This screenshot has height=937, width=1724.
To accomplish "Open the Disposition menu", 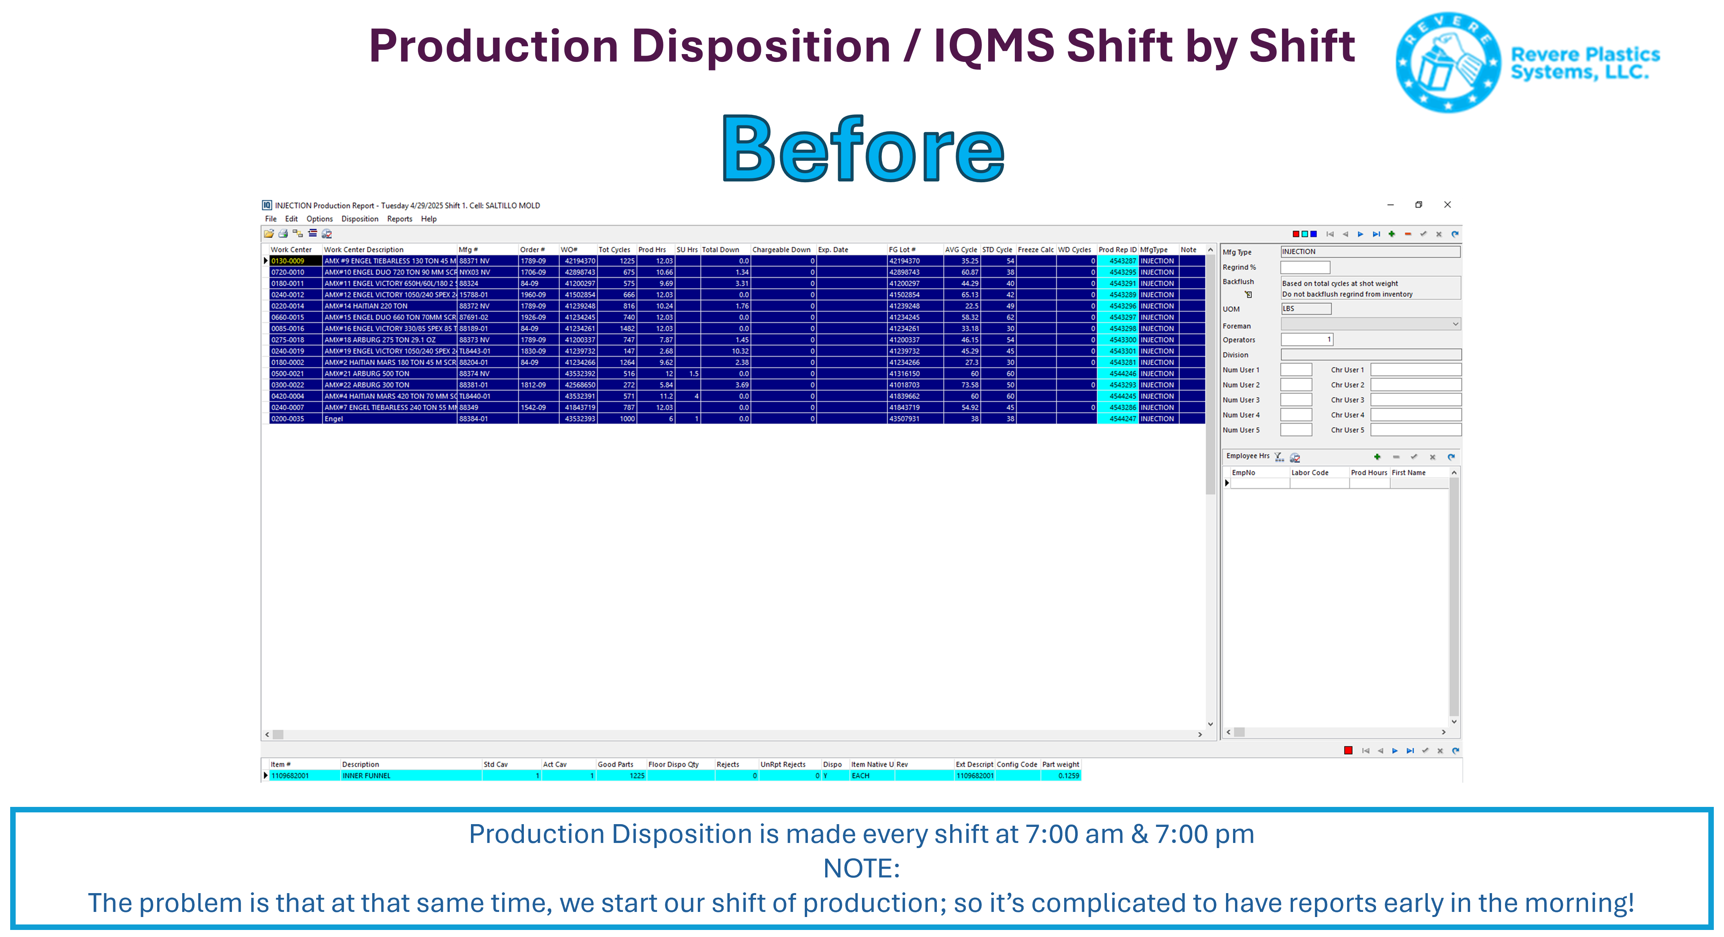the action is pyautogui.click(x=359, y=219).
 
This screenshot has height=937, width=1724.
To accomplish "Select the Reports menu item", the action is pyautogui.click(x=400, y=219).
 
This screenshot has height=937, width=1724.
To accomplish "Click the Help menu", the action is pyautogui.click(x=428, y=219).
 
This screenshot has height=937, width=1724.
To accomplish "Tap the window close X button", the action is pyautogui.click(x=1447, y=205).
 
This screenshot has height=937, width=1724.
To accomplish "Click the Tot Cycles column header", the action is pyautogui.click(x=614, y=250).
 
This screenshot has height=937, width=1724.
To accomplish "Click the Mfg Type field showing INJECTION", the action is pyautogui.click(x=1370, y=252).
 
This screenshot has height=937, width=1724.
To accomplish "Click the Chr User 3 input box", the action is pyautogui.click(x=1416, y=400).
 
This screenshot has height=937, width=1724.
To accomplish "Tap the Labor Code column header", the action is pyautogui.click(x=1310, y=473).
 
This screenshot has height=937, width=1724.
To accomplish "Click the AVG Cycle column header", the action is pyautogui.click(x=960, y=250).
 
